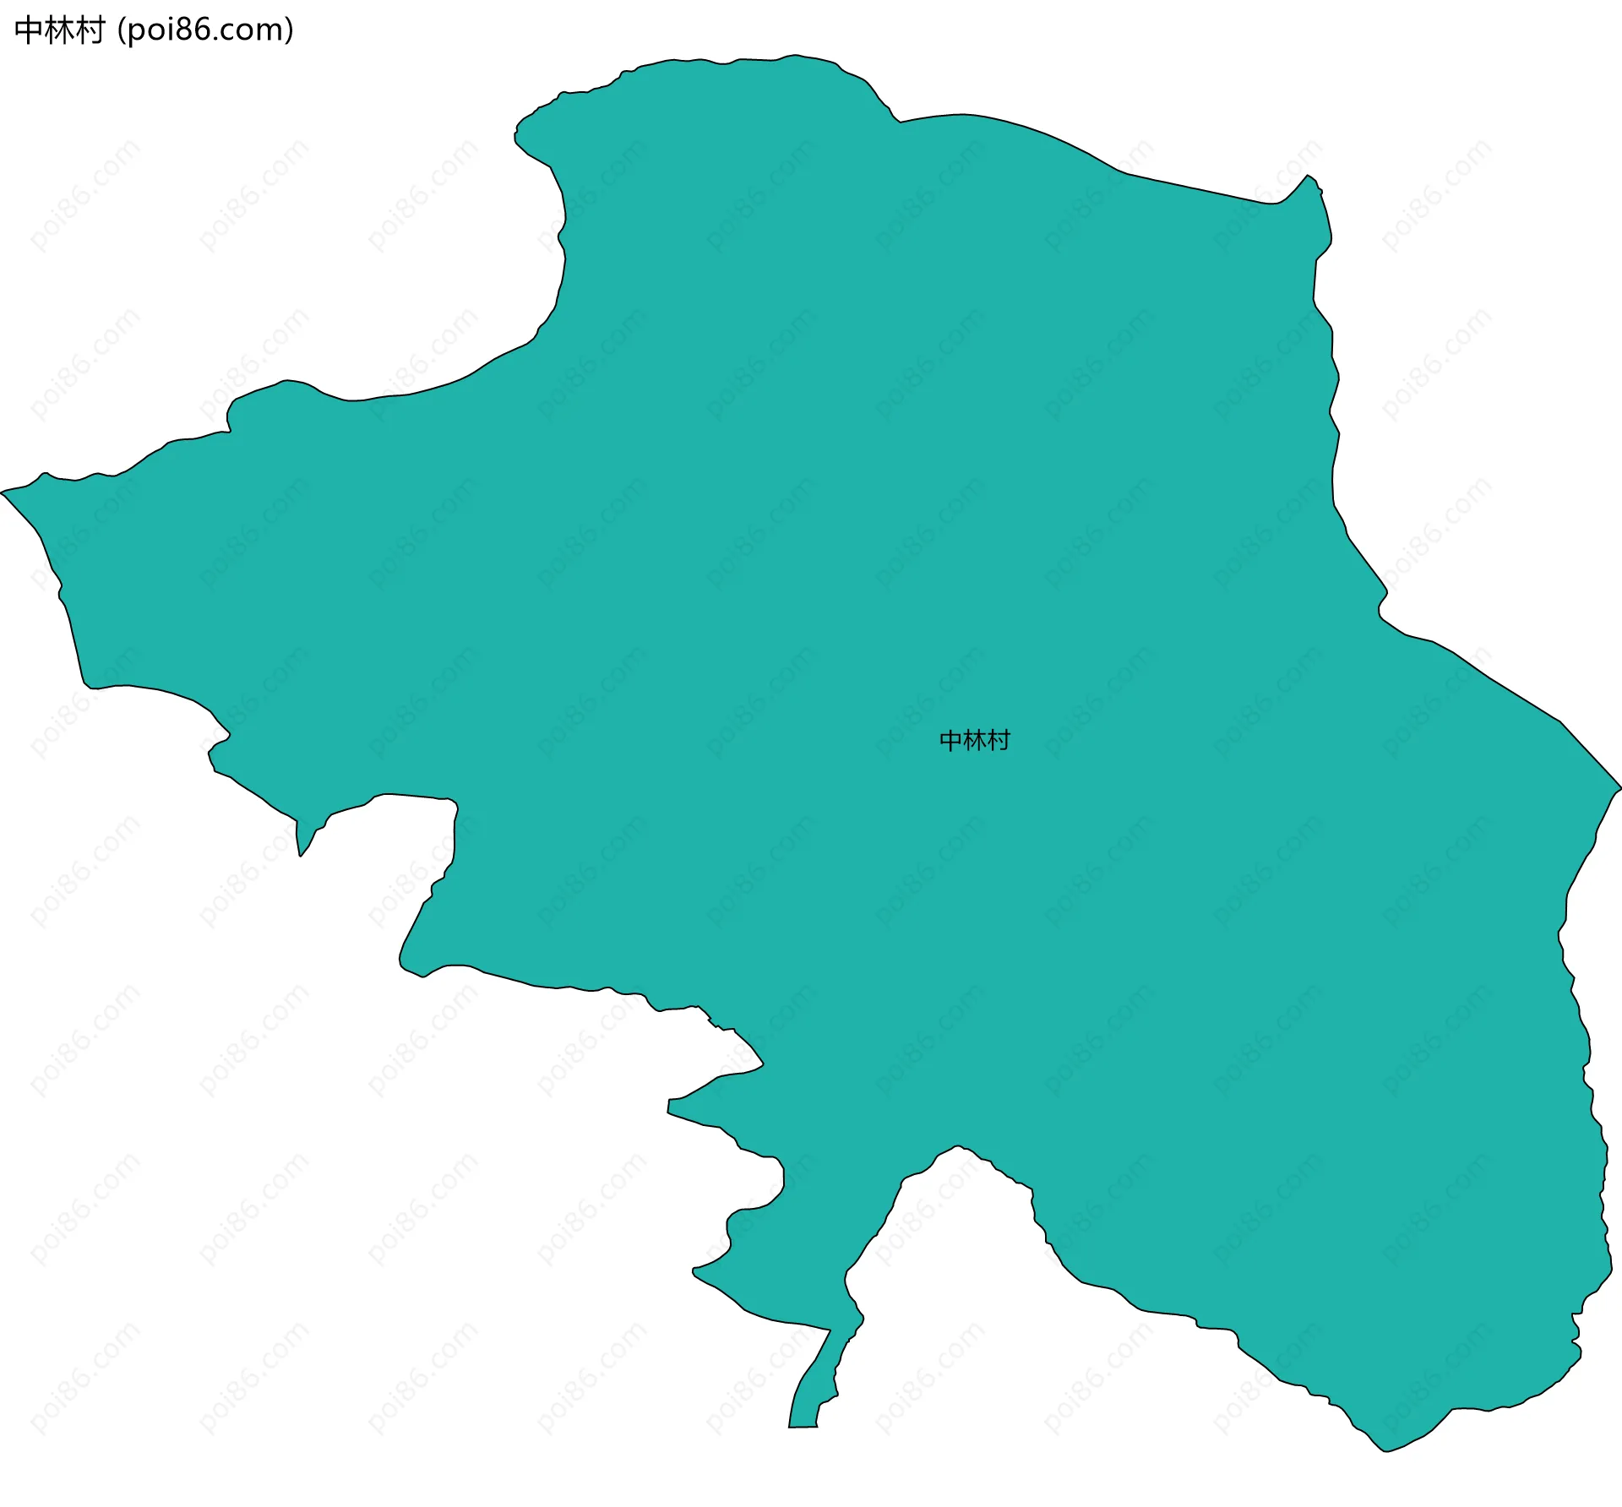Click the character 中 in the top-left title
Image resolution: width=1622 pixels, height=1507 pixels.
29,30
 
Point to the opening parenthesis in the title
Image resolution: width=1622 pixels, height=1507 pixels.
122,31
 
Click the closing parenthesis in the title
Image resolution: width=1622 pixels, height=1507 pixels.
290,31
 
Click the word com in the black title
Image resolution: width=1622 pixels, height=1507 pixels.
253,32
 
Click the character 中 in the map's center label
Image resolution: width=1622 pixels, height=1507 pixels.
951,741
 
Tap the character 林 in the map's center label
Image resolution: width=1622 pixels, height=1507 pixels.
975,741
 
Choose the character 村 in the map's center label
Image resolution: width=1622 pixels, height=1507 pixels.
999,741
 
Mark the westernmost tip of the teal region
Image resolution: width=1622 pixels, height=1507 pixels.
3,492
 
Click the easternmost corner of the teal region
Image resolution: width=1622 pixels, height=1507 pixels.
1619,788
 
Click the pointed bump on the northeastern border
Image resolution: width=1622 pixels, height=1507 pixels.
1309,177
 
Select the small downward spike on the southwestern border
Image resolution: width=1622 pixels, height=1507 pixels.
300,855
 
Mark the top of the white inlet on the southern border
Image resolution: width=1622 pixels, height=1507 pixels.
957,1147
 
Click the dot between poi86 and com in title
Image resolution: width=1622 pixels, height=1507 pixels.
221,39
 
